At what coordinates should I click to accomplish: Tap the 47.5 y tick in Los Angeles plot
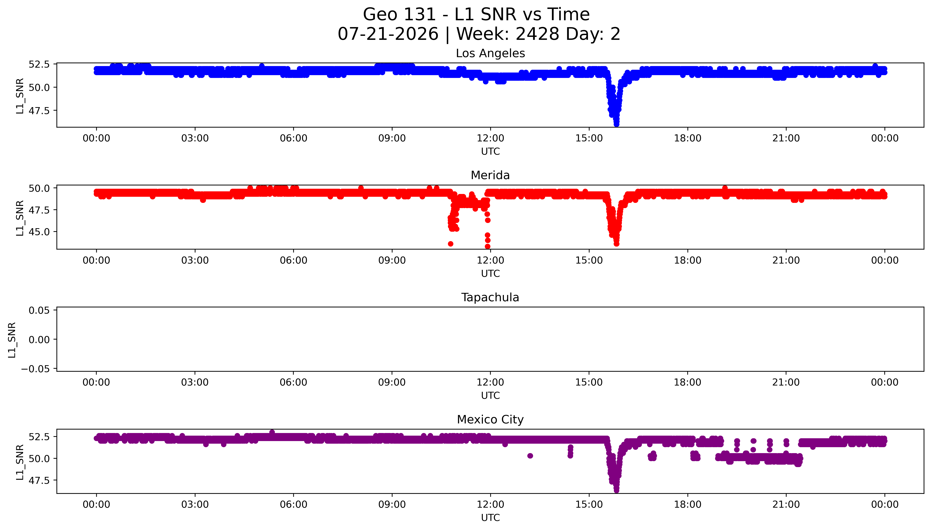tap(39, 111)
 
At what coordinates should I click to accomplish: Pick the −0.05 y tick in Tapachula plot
tap(35, 369)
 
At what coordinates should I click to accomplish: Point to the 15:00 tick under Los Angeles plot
tap(589, 138)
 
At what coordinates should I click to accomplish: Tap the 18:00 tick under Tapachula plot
tap(687, 382)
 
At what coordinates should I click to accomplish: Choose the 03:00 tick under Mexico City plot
tap(195, 504)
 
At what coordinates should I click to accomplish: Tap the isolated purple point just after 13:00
tap(530, 456)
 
